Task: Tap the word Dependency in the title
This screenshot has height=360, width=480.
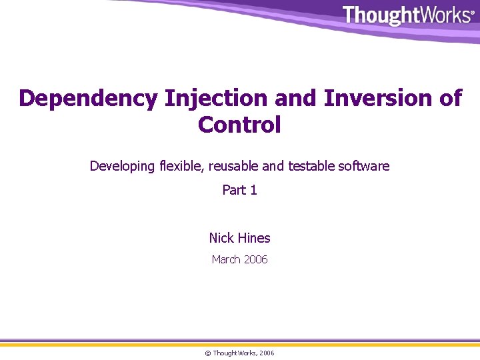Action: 88,98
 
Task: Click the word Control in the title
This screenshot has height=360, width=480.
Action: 239,125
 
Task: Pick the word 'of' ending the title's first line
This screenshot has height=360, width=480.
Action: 448,98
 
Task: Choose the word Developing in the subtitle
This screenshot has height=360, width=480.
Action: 122,166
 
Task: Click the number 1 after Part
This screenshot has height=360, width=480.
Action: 253,190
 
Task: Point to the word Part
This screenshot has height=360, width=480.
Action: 233,190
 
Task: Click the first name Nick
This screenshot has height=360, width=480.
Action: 221,238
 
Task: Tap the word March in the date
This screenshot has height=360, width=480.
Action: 226,259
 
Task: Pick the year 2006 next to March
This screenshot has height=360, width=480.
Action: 255,259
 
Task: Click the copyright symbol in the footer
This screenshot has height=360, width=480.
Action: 208,353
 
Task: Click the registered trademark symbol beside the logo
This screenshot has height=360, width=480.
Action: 473,12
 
